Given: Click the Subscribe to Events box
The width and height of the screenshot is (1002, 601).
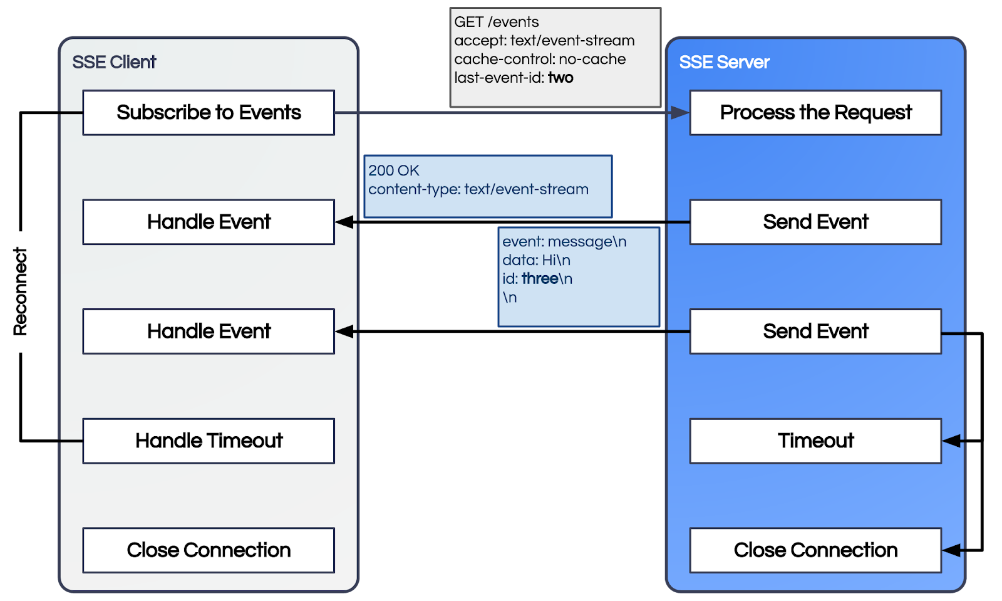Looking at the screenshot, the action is point(209,113).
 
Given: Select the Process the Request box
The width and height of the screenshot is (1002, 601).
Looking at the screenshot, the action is point(815,113).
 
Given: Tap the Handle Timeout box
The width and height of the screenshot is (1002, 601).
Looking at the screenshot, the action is point(209,441).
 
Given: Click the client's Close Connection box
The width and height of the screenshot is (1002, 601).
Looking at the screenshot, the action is point(209,550).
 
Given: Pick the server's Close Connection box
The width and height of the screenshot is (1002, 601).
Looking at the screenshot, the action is point(815,550).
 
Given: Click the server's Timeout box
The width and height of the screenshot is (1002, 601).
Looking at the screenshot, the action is point(815,441).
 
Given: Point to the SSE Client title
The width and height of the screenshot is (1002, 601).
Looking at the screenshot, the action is point(114,62).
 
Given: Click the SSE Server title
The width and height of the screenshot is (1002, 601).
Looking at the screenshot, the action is point(724,62).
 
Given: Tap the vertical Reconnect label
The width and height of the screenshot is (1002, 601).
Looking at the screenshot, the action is point(21,292).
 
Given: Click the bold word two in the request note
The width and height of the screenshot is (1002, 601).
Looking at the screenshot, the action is point(560,78).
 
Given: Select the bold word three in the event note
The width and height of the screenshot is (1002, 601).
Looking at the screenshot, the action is point(540,279).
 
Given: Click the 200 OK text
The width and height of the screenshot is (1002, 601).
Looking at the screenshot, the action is point(394,170).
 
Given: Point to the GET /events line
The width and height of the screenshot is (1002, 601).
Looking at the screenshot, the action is point(496,22).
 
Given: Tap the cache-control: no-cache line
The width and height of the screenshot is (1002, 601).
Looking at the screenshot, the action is point(540,59).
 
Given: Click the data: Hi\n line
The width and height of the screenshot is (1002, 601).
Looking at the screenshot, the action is point(536,260).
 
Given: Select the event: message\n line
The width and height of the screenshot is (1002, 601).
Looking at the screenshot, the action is point(564,242).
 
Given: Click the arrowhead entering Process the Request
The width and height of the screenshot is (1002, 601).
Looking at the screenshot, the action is point(680,113).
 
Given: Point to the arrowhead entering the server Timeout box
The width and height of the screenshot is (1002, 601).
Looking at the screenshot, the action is point(951,441).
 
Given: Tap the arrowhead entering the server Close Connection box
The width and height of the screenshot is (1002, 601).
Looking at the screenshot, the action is point(951,550).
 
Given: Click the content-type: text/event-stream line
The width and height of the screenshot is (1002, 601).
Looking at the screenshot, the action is point(478,189).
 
